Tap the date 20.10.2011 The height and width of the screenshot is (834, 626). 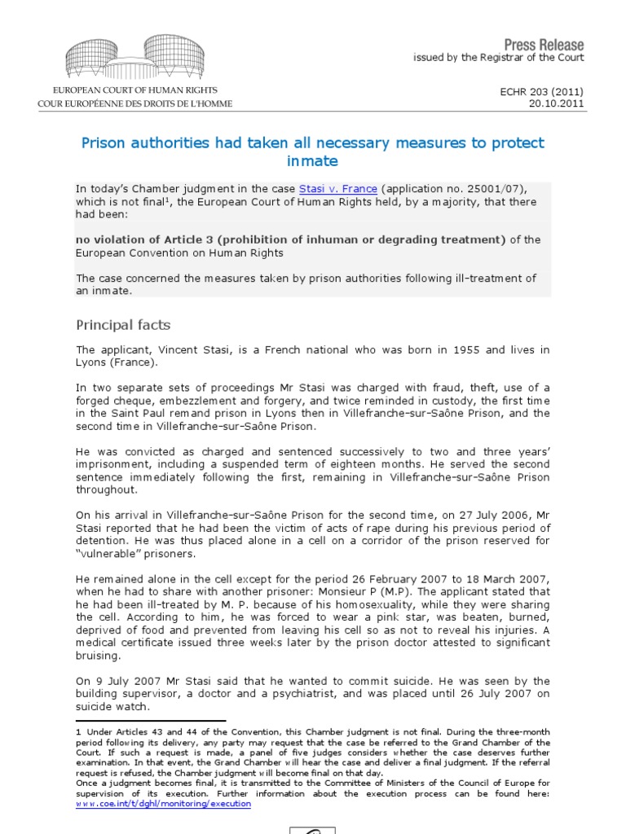click(x=557, y=104)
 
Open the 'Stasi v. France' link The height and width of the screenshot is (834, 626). click(x=337, y=189)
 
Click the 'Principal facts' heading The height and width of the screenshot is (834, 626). click(x=123, y=325)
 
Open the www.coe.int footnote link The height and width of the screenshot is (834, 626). click(x=163, y=804)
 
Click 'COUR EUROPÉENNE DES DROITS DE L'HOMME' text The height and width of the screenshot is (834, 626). click(x=134, y=103)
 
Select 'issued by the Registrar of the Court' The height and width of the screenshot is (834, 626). click(x=499, y=58)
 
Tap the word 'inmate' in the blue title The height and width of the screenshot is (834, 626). click(x=312, y=162)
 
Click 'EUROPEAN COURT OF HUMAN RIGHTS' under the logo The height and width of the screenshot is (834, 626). click(x=134, y=91)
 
